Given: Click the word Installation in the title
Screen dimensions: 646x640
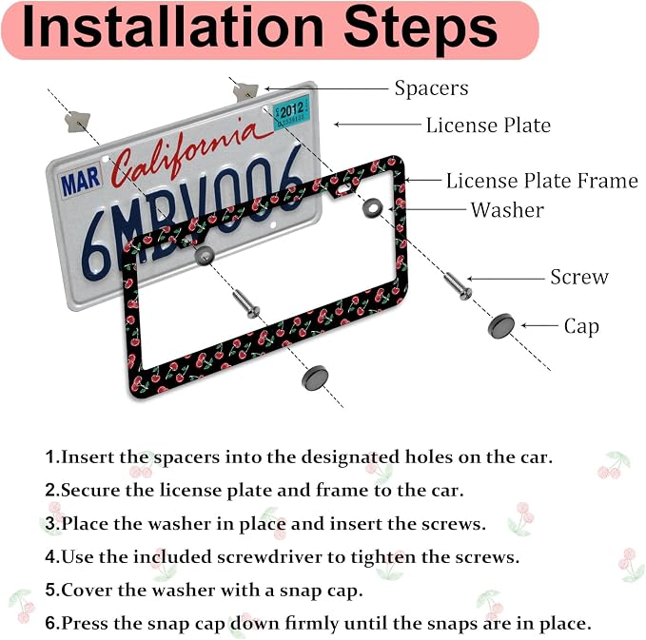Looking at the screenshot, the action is (172, 28).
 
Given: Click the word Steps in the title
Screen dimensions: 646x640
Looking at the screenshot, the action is (421, 28).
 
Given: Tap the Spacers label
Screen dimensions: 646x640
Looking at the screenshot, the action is (431, 88).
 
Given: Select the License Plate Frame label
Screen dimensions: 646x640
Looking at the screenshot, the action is (541, 181).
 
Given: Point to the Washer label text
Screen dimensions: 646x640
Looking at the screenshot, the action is (507, 210).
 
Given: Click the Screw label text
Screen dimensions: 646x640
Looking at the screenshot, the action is (579, 277).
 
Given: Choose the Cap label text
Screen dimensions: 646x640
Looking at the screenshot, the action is (581, 326).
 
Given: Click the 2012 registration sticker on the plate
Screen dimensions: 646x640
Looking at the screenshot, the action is (292, 111).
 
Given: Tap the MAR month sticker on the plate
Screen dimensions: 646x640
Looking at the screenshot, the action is (80, 181).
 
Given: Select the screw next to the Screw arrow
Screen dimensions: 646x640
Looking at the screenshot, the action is (458, 286).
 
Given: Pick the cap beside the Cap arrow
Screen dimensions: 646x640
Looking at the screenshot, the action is (501, 325).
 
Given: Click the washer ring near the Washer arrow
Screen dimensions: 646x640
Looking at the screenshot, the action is (372, 207).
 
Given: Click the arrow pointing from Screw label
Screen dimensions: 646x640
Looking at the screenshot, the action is (506, 279).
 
